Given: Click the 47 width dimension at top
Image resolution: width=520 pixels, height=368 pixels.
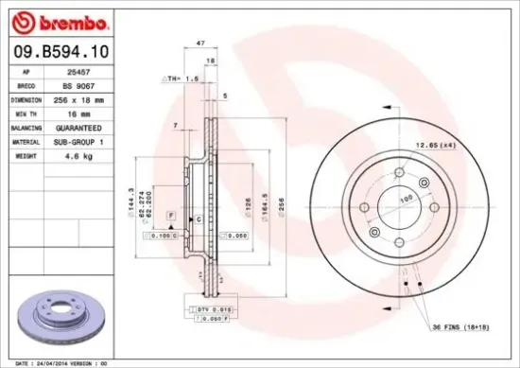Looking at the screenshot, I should coord(199,44).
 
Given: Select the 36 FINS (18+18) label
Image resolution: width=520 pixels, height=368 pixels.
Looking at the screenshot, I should coord(462,328).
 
